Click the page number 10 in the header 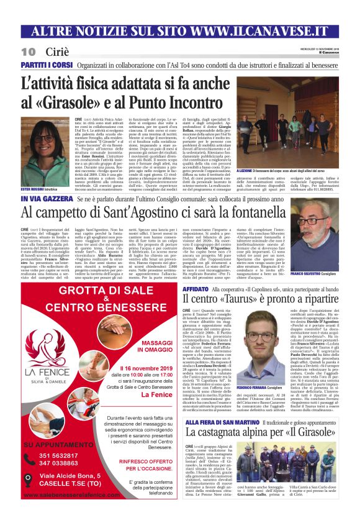click(x=28, y=51)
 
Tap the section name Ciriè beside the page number click(x=58, y=51)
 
